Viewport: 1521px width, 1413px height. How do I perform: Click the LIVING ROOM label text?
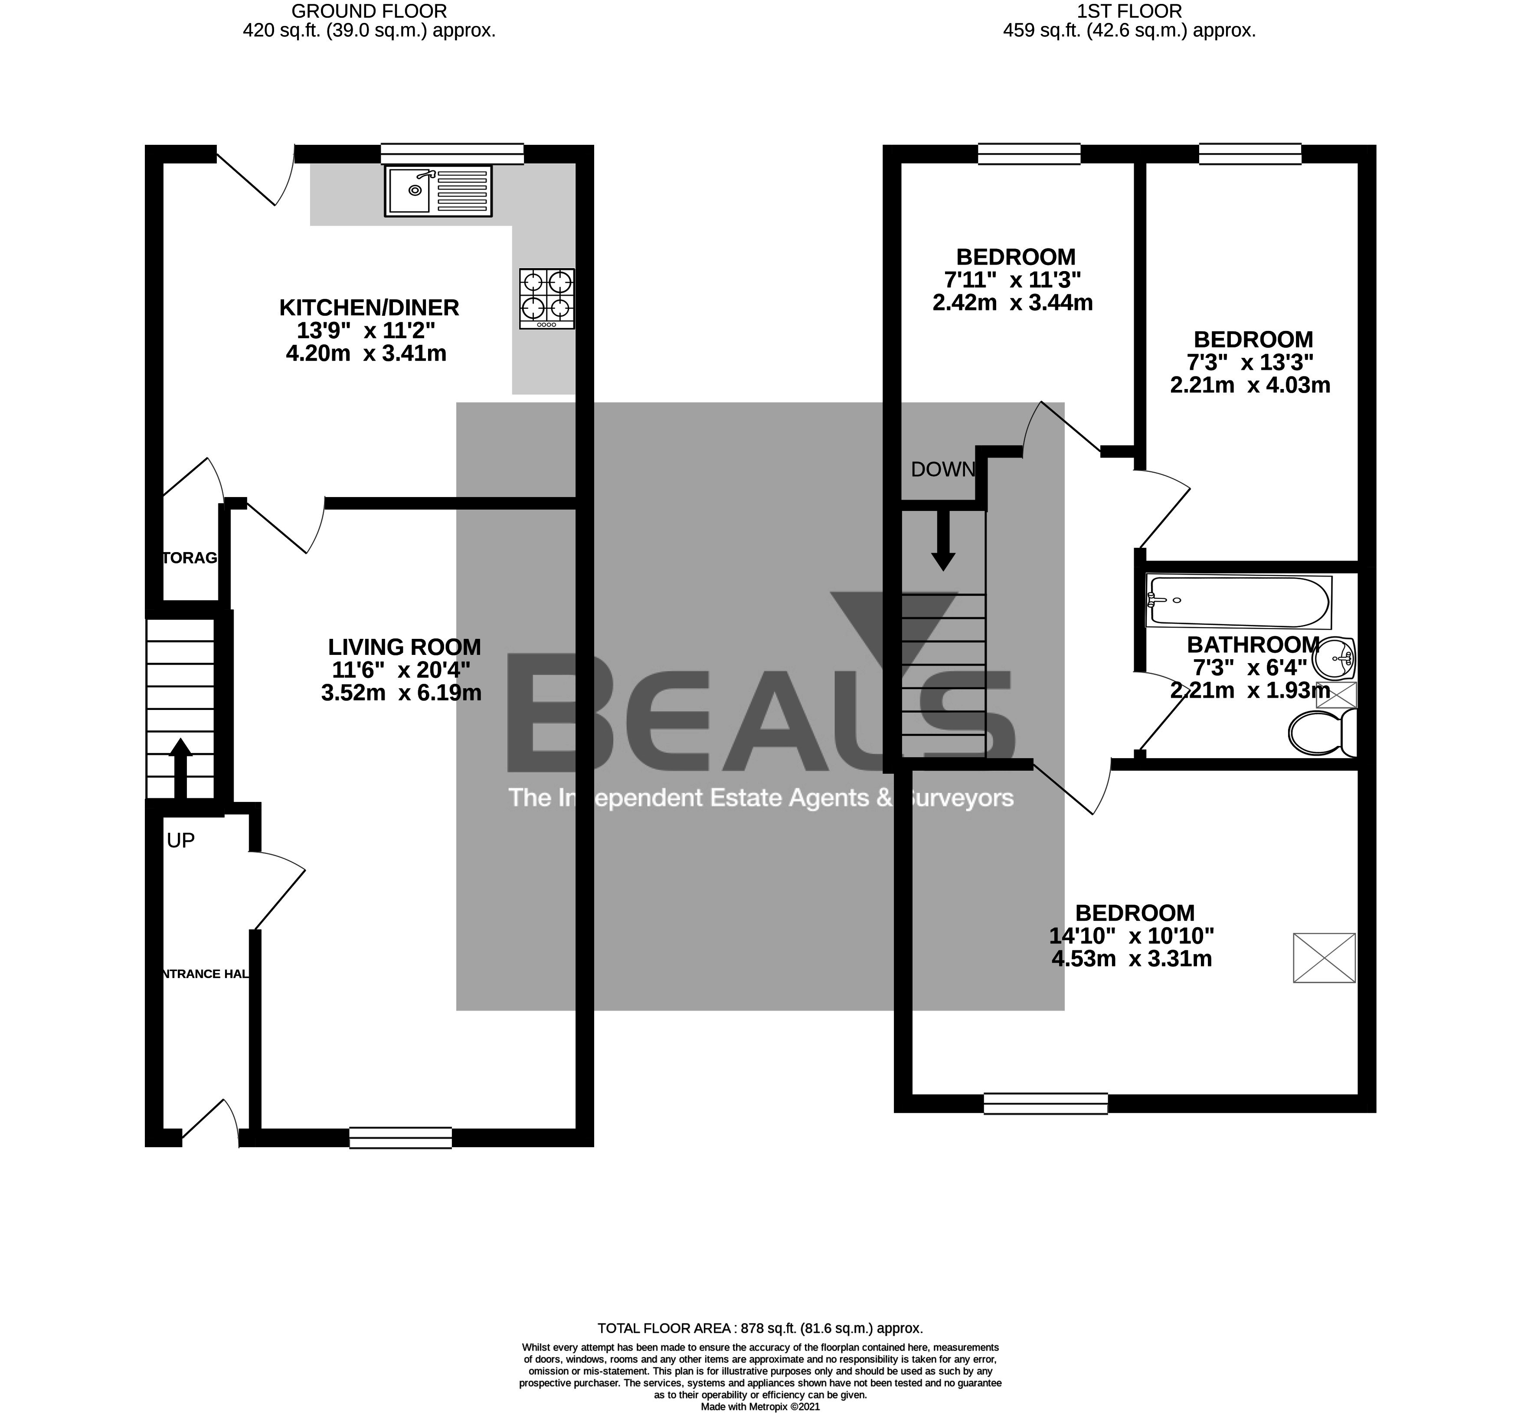click(x=405, y=647)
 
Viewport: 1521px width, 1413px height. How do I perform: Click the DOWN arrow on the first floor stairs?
click(x=943, y=539)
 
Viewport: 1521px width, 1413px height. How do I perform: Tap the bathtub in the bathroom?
click(x=1238, y=602)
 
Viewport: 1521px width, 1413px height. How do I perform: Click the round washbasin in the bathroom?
click(x=1334, y=657)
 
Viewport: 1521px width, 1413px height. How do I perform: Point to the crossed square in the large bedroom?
click(x=1324, y=957)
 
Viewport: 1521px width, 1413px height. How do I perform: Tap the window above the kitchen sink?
click(x=452, y=154)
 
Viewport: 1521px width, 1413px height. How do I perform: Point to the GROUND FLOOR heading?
click(x=370, y=11)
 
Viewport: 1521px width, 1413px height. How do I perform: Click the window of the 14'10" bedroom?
click(x=1045, y=1102)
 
